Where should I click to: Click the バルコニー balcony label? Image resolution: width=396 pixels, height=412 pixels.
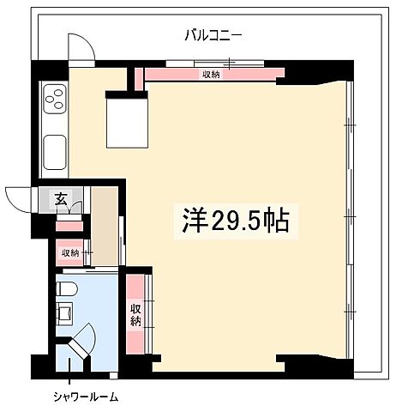pyautogui.click(x=213, y=35)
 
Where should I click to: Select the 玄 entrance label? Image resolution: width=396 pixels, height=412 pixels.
pyautogui.click(x=61, y=199)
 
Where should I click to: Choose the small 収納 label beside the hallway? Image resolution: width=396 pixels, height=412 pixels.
pyautogui.click(x=69, y=253)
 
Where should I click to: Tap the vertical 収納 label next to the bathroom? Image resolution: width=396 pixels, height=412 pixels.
pyautogui.click(x=135, y=316)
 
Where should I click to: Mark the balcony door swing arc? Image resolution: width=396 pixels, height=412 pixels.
pyautogui.click(x=79, y=47)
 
